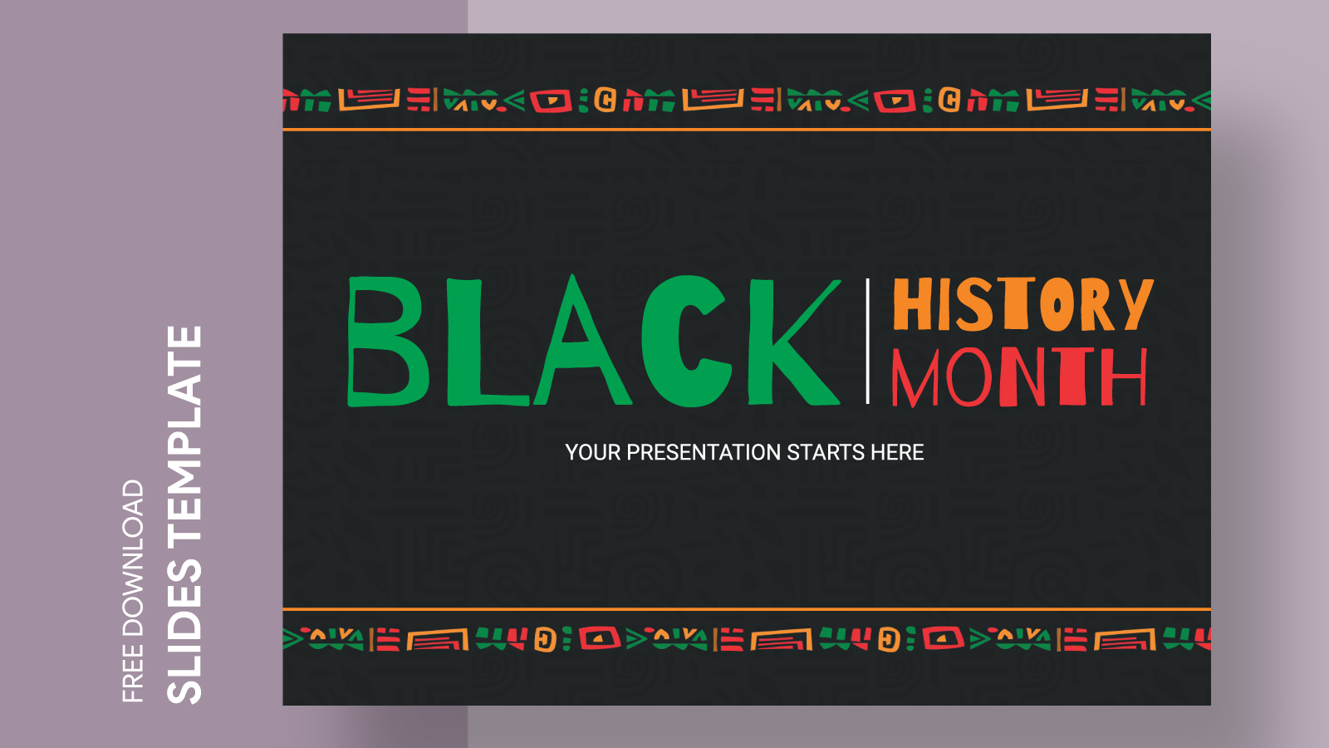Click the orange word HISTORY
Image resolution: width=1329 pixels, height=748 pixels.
[1022, 304]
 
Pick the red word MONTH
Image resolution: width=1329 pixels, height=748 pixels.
[1019, 377]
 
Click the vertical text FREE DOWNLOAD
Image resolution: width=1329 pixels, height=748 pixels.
[133, 591]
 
